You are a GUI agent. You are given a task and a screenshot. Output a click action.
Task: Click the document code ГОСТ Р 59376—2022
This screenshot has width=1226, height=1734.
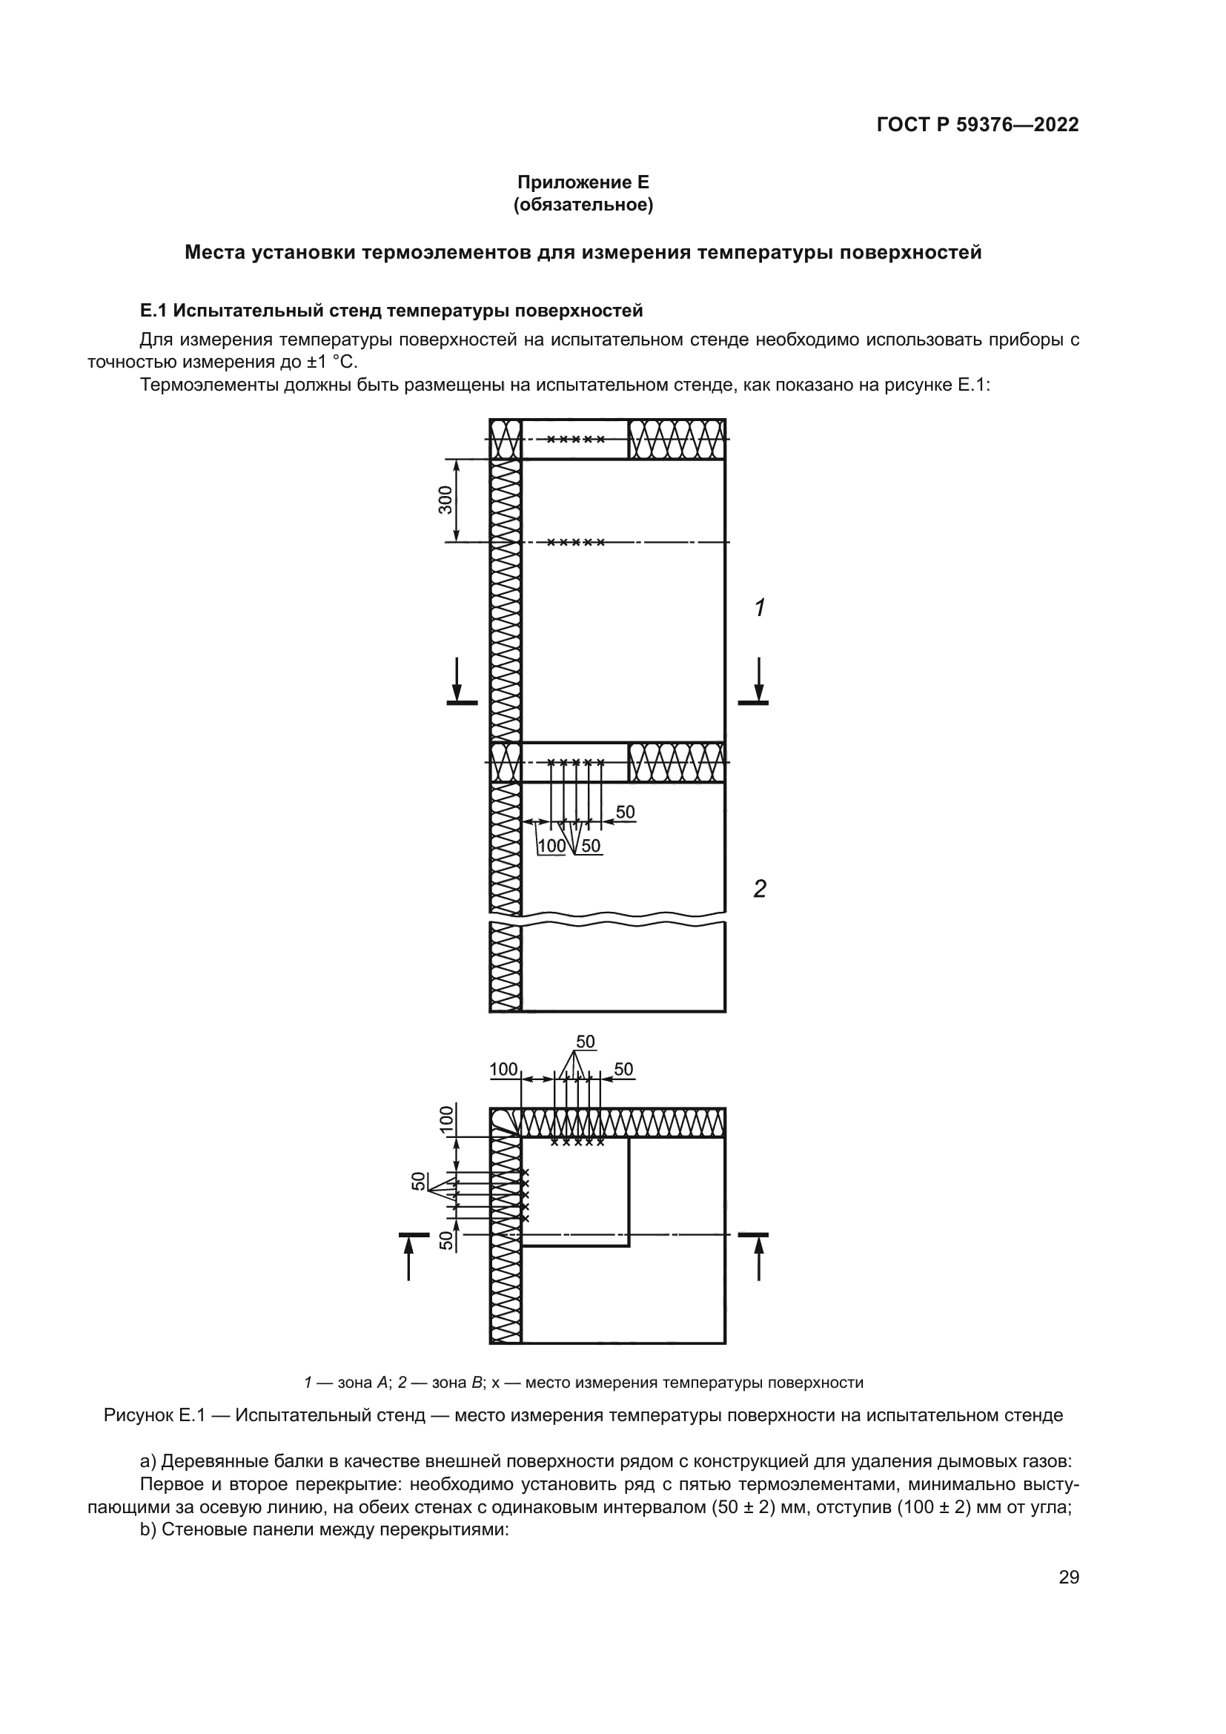(x=977, y=125)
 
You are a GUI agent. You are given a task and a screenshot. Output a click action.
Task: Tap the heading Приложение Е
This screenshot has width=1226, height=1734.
(x=583, y=182)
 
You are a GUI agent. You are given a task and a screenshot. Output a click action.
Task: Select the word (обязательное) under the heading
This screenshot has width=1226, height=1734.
(x=583, y=205)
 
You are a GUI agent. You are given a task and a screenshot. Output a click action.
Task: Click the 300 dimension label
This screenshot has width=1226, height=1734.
(x=445, y=500)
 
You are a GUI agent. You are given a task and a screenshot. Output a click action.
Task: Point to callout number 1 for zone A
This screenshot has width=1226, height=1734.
(x=761, y=607)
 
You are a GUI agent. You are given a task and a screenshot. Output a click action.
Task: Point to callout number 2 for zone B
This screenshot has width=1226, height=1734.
(x=761, y=889)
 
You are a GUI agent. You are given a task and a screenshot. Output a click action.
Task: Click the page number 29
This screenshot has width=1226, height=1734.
(x=1068, y=1577)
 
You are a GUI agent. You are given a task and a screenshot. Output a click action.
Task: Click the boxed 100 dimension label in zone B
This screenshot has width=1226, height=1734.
(x=552, y=846)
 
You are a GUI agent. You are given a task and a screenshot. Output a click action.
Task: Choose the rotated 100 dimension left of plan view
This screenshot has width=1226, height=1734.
(x=447, y=1119)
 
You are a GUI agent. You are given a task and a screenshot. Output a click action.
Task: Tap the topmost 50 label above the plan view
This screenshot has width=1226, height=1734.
(x=586, y=1042)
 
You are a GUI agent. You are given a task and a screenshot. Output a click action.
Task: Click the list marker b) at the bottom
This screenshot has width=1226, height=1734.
(x=149, y=1530)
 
